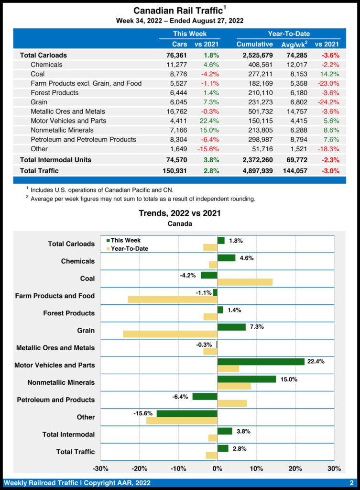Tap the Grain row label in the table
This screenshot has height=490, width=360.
[x=40, y=102]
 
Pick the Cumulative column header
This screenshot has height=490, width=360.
[x=254, y=44]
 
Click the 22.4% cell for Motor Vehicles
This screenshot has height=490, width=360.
[x=209, y=121]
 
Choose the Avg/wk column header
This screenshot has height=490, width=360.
[x=294, y=44]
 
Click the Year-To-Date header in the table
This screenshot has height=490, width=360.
[x=288, y=34]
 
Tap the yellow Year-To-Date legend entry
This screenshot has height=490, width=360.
[x=126, y=249]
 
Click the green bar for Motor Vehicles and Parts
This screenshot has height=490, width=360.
[x=261, y=362]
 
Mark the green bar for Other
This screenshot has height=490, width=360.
[x=187, y=413]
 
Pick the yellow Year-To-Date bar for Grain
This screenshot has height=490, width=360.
[x=170, y=334]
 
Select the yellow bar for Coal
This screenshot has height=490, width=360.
[x=245, y=282]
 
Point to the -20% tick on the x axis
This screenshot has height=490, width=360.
[x=139, y=468]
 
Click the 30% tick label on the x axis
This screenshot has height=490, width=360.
[x=334, y=468]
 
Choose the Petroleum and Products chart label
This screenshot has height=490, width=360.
[x=56, y=400]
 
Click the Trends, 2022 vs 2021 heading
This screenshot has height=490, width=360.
[x=180, y=213]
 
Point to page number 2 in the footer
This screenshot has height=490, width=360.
[x=351, y=483]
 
